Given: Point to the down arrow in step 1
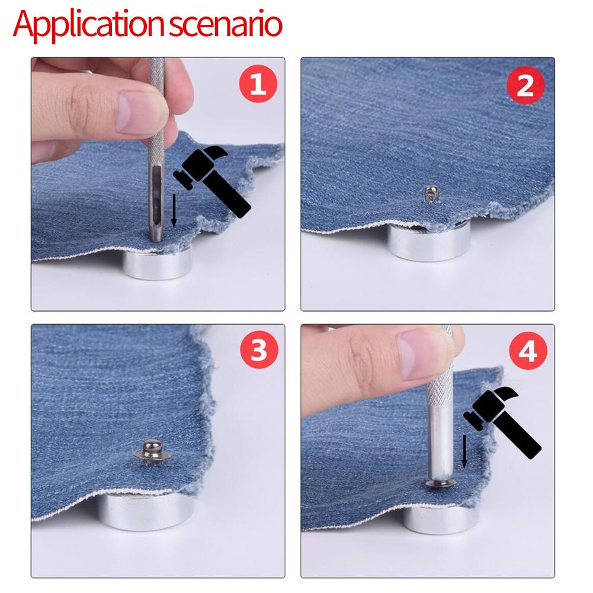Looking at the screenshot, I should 173,210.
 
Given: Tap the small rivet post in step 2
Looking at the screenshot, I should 429,193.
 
